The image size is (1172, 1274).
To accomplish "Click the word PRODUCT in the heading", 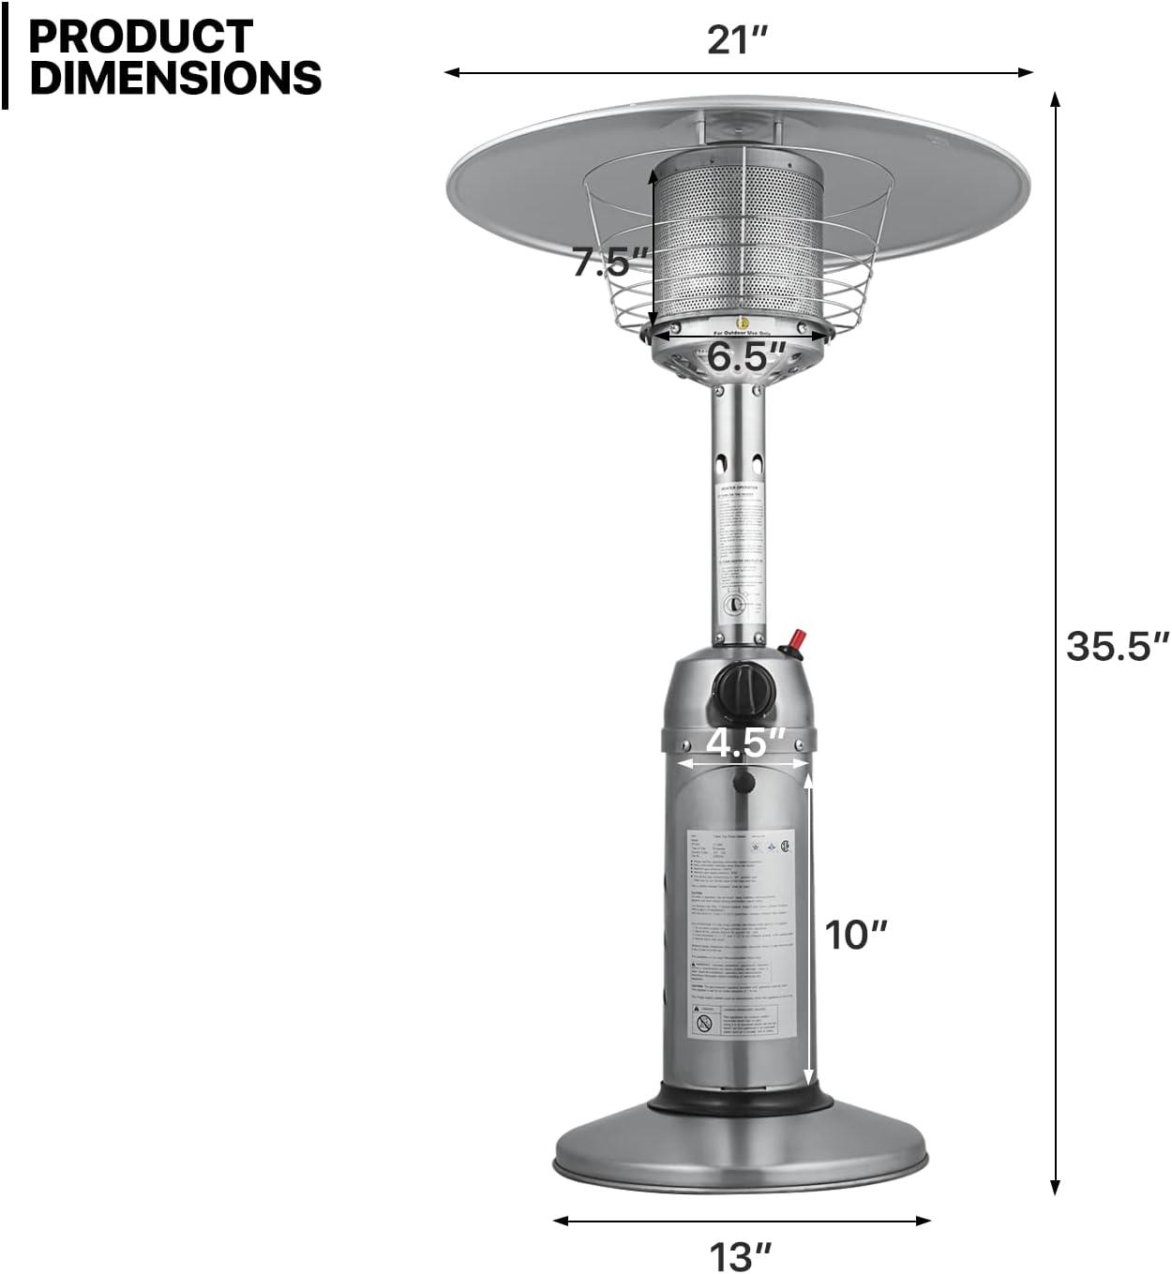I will (141, 36).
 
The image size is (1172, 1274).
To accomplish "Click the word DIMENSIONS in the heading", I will (175, 78).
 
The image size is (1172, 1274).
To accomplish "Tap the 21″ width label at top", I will (737, 40).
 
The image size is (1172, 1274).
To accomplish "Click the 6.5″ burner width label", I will (745, 357).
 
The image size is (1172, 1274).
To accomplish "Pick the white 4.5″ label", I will (744, 742).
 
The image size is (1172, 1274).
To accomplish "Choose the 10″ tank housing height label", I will (854, 935).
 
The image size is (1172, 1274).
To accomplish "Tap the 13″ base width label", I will (740, 1254).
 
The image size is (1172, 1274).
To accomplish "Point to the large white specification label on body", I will (741, 933).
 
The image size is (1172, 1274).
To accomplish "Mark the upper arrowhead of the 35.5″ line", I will (1055, 98).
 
